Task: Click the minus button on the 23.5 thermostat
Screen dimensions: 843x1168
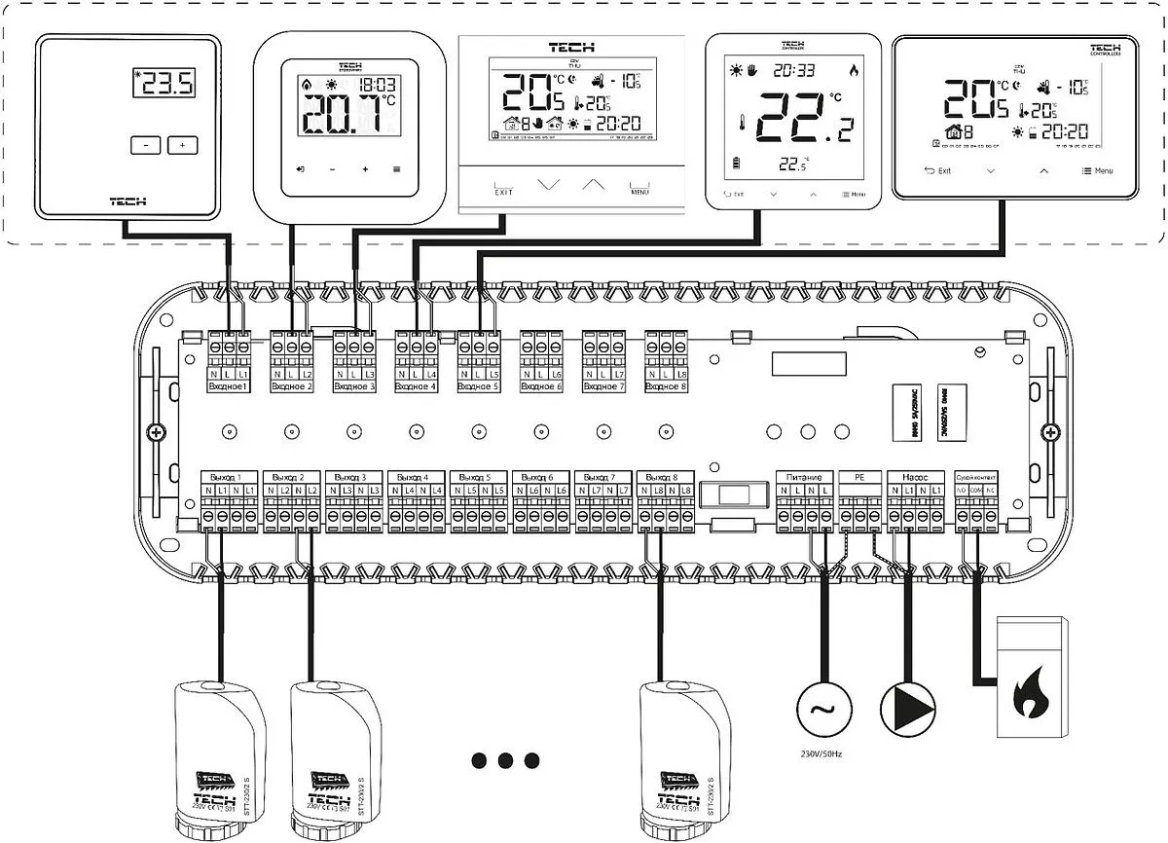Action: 144,145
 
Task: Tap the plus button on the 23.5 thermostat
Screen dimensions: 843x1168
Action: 182,145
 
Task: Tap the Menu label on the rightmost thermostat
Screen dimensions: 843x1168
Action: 1097,170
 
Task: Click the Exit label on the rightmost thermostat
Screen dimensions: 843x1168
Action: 937,170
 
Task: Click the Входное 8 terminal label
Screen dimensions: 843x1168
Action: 667,387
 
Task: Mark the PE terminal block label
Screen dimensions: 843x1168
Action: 858,478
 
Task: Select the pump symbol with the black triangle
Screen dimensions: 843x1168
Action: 907,705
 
